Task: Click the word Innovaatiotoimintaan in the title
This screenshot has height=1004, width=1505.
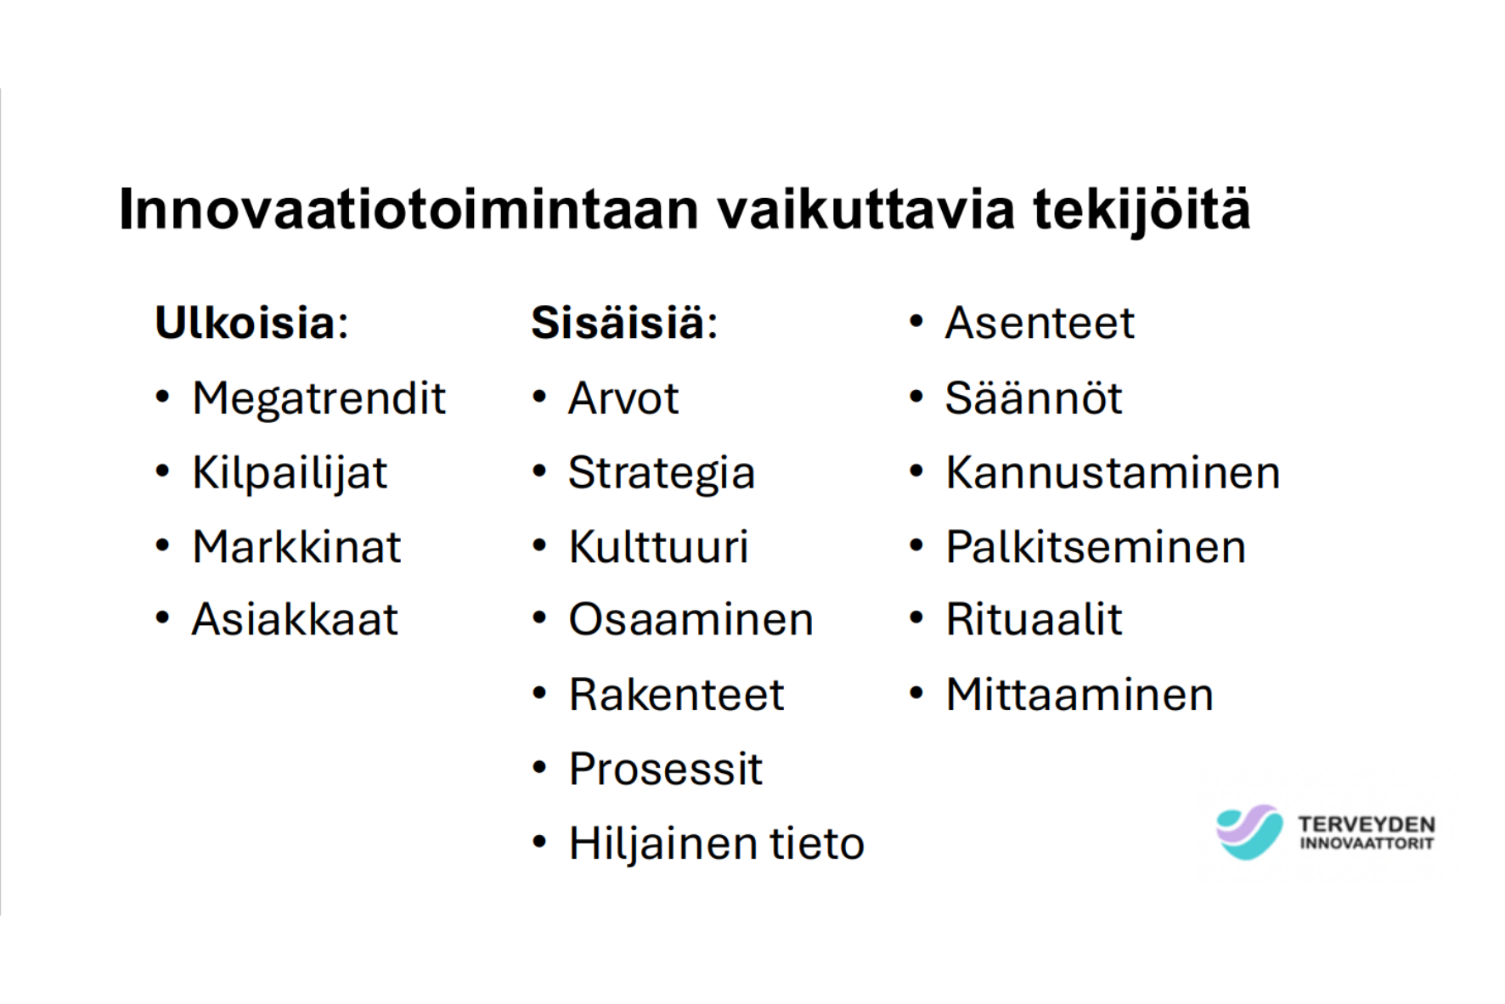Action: (x=409, y=210)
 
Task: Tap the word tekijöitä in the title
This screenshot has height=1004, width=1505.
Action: (x=1141, y=210)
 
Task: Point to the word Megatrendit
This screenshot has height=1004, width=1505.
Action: (x=318, y=398)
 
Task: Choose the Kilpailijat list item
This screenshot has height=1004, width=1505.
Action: (x=290, y=473)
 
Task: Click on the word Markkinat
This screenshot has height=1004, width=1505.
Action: (x=296, y=547)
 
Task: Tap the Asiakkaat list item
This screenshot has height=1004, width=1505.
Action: (x=295, y=619)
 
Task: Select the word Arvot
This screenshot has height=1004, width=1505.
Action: (x=623, y=398)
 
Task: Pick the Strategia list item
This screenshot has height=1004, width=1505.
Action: (x=661, y=473)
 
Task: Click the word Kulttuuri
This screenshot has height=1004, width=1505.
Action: (x=658, y=547)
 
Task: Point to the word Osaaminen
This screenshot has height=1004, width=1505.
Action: (x=690, y=619)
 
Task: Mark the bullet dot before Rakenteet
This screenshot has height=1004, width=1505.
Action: (x=539, y=694)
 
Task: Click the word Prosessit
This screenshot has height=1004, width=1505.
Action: (x=665, y=770)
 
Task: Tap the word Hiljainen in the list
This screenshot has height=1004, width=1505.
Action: (x=662, y=844)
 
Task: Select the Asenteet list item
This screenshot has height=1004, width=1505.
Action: (x=1039, y=323)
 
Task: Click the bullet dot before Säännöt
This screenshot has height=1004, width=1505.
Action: (x=916, y=398)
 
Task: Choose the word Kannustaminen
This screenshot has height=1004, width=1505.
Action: (x=1113, y=473)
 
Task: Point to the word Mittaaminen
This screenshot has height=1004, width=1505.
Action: (x=1079, y=695)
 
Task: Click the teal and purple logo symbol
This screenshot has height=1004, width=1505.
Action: (x=1249, y=832)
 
